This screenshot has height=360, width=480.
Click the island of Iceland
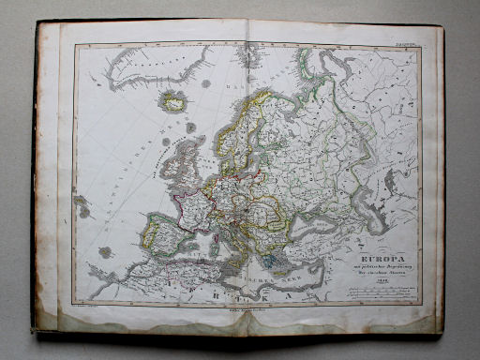(174, 100)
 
